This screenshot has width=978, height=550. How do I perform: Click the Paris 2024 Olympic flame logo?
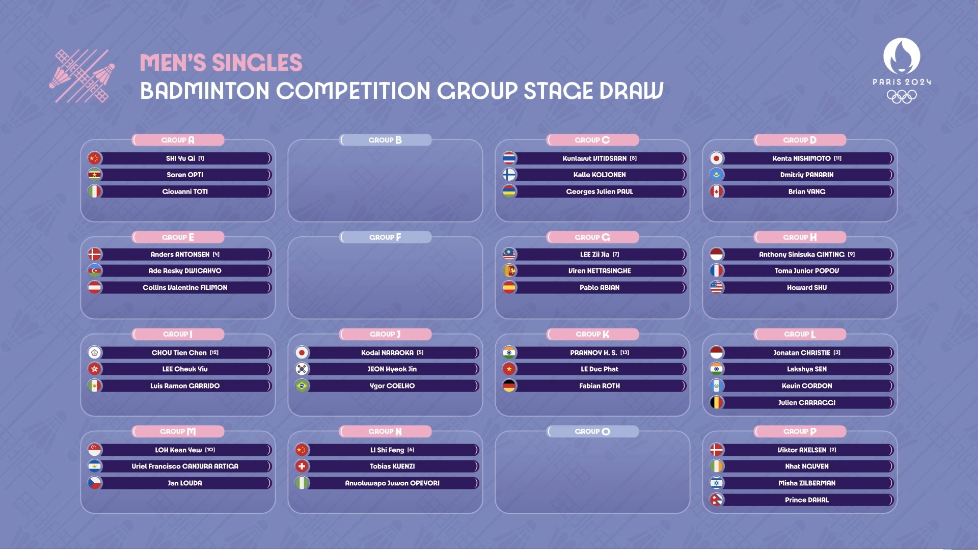902,56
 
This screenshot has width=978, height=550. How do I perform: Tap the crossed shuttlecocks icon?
82,76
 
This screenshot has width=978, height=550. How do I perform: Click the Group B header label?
385,140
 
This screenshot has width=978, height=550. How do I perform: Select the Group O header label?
592,431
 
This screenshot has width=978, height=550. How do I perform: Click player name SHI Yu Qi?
180,158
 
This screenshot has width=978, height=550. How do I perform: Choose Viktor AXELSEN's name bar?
807,450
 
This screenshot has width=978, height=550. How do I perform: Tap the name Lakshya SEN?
807,369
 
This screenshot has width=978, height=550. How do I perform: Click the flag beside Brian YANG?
717,191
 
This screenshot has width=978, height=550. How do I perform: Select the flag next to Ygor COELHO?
302,386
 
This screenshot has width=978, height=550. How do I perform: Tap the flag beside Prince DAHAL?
717,500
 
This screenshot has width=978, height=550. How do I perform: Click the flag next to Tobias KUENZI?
302,466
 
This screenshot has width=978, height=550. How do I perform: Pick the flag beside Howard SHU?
717,287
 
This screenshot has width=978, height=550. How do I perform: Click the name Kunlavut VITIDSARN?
594,158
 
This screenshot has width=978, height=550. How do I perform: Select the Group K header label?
592,334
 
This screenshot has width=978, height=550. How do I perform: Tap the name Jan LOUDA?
185,483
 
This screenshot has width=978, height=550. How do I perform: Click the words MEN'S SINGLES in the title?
221,63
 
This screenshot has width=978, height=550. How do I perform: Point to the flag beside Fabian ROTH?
509,386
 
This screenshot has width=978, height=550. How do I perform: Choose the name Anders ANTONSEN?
180,254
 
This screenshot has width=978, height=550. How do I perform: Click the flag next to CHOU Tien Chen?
95,352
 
